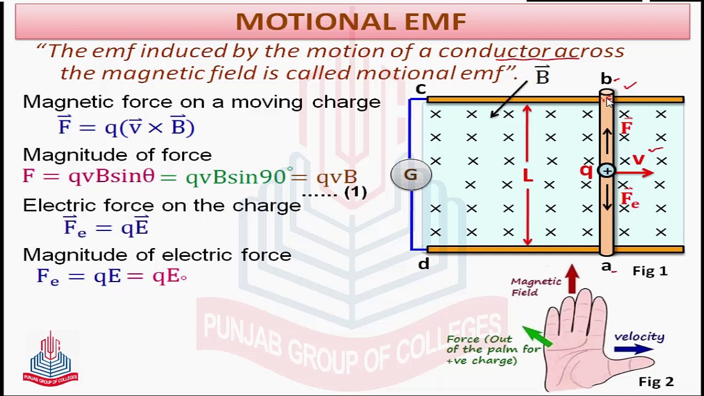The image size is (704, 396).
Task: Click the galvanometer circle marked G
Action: click(410, 175)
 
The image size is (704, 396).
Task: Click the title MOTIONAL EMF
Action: click(351, 22)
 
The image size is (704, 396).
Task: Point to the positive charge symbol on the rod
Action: click(606, 172)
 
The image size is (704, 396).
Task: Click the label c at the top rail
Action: click(421, 89)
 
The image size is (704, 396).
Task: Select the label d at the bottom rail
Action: click(423, 265)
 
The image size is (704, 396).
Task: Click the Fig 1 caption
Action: click(650, 271)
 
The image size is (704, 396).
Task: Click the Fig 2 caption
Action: click(656, 381)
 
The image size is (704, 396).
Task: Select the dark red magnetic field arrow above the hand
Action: click(572, 278)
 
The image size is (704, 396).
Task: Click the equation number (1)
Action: click(355, 193)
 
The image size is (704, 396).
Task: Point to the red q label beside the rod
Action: click(586, 171)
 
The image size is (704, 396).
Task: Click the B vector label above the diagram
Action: click(542, 76)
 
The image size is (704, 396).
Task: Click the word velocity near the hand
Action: click(639, 337)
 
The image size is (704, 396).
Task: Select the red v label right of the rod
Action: click(638, 159)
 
